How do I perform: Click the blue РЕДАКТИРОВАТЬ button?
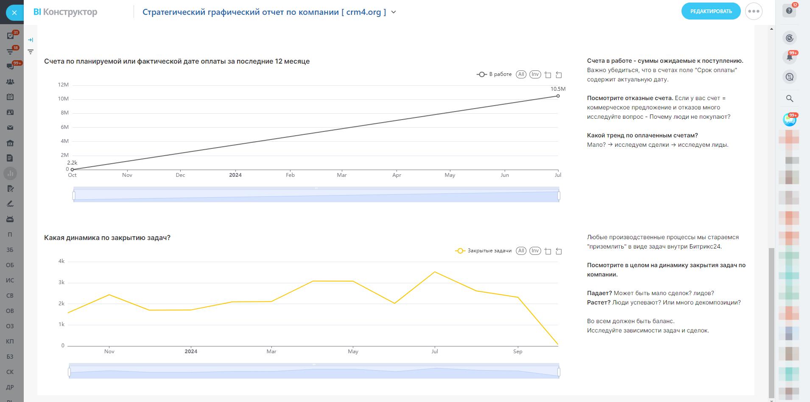[711, 11]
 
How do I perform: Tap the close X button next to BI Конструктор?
[14, 13]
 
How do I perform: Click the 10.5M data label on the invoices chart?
[558, 89]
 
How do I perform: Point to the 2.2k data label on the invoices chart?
[72, 162]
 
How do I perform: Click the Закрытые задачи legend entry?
[484, 251]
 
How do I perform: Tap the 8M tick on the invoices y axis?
[64, 113]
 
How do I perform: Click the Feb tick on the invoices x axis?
[290, 175]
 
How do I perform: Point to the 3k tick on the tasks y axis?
[61, 282]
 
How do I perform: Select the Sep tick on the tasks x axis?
[517, 351]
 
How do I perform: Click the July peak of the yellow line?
[435, 272]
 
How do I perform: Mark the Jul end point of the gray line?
[558, 96]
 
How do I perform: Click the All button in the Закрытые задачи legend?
[521, 251]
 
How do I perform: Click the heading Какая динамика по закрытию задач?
[107, 237]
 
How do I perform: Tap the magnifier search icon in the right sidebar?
[789, 98]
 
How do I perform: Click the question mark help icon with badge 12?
[789, 11]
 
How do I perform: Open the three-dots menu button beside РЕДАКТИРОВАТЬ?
[754, 11]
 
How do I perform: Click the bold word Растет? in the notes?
[598, 302]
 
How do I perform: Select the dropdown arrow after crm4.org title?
[394, 12]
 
